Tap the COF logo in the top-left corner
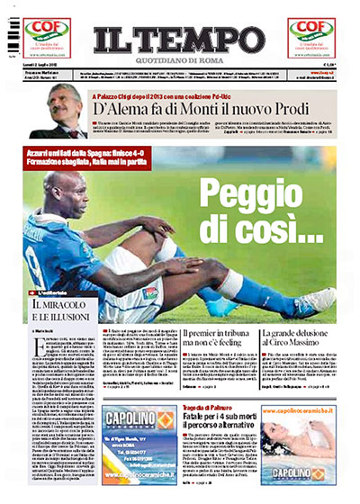click(43, 33)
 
